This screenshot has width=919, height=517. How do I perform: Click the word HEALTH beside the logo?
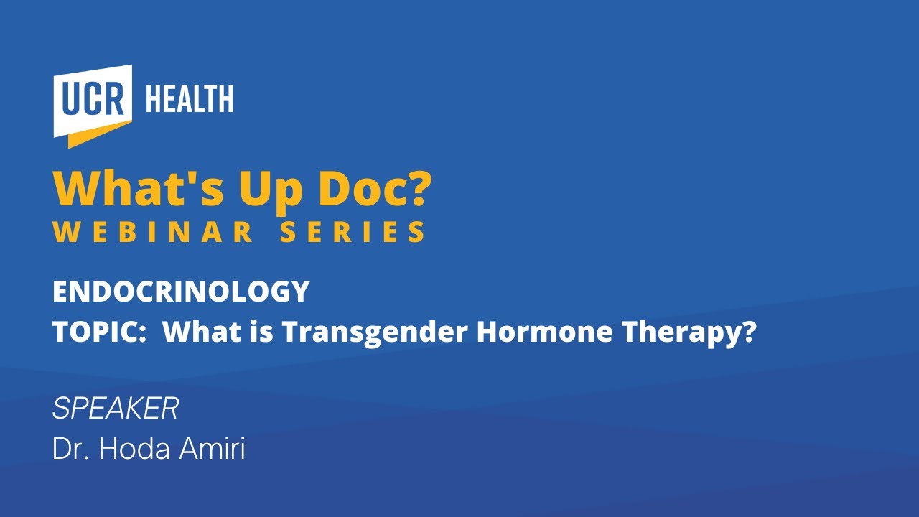click(x=190, y=98)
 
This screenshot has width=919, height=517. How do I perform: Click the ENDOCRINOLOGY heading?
click(x=181, y=292)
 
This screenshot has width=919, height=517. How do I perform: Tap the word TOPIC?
click(x=100, y=332)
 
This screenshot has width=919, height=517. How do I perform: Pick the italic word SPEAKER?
click(x=116, y=409)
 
